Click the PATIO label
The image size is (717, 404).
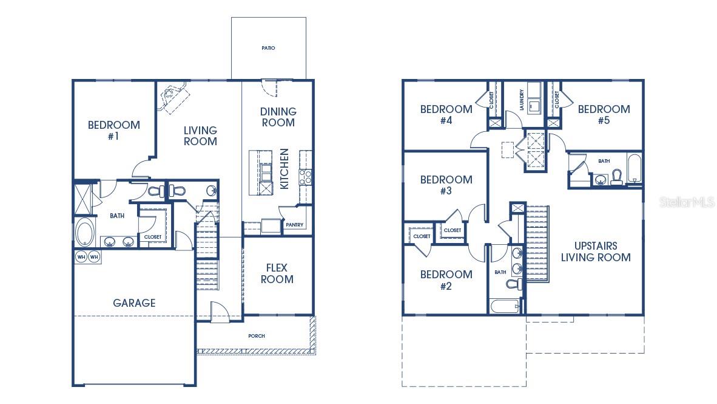pos(268,48)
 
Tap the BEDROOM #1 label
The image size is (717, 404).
pos(113,131)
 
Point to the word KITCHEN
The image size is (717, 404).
pos(284,168)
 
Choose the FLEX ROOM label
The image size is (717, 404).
pos(277,273)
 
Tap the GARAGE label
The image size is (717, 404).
pos(134,303)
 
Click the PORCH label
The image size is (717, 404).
pos(257,336)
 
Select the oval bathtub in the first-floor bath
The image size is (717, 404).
pos(84,232)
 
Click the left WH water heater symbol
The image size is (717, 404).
pos(81,257)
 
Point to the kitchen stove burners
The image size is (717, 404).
pos(306,177)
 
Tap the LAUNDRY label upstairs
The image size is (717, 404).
pos(521,100)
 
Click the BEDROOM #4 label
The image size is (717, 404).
pos(446,115)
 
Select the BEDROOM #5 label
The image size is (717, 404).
pos(604,115)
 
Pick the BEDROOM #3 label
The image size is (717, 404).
pos(446,185)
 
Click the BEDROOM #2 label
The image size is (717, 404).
pos(446,279)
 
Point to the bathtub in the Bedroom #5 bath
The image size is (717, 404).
pos(634,168)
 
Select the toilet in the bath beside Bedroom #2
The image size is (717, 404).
pos(513,284)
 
